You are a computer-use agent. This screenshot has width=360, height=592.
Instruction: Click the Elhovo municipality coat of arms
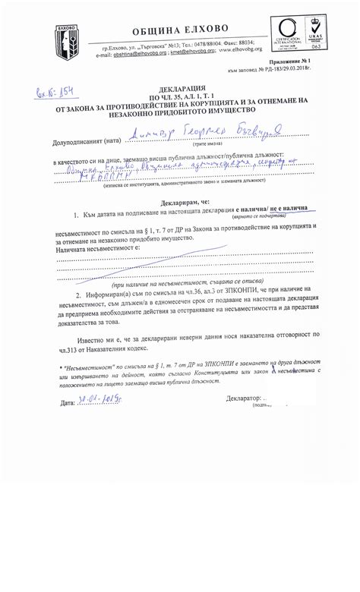click(x=66, y=39)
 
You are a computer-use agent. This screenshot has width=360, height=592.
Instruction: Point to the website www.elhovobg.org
click(x=267, y=54)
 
